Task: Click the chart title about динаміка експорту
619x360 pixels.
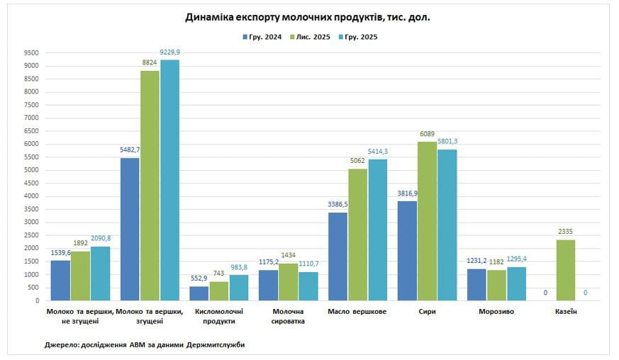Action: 308,17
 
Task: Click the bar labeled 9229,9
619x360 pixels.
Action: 169,180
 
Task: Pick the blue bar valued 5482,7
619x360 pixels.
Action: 130,229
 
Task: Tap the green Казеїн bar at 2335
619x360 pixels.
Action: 565,270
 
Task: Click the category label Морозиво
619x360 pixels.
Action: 496,312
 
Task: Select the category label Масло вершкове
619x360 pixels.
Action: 357,312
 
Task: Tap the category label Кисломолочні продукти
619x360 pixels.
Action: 218,316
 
